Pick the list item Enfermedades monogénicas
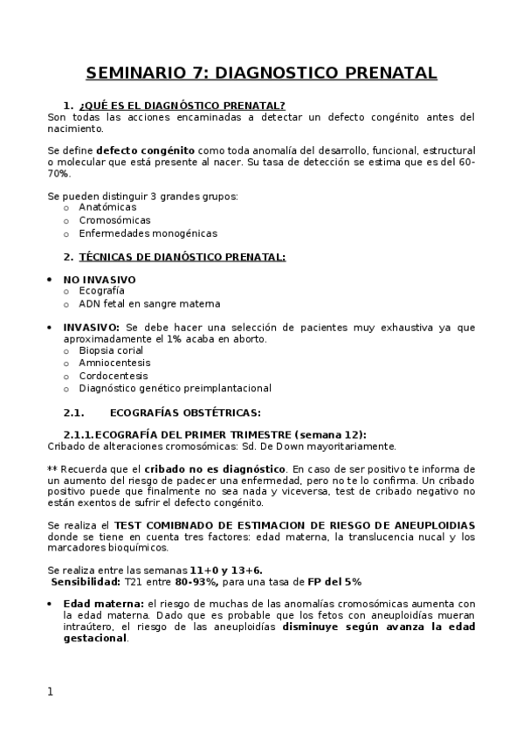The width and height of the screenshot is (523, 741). (x=148, y=233)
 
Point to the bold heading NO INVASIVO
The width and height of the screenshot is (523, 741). (x=100, y=280)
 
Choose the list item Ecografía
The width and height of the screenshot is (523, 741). (x=101, y=291)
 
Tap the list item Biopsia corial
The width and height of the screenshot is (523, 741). (x=111, y=350)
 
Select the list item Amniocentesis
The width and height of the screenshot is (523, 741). (x=114, y=363)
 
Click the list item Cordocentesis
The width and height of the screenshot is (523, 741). (x=114, y=376)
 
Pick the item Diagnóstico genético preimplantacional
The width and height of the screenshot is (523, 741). (x=175, y=388)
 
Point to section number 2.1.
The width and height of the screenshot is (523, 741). (x=73, y=412)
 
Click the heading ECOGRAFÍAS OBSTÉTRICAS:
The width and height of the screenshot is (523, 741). (x=186, y=412)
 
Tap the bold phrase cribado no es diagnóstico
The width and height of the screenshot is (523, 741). (x=215, y=468)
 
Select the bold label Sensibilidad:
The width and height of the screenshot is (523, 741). (x=84, y=581)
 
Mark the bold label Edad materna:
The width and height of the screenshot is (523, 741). (x=103, y=604)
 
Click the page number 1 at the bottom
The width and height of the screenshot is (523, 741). (x=51, y=691)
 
